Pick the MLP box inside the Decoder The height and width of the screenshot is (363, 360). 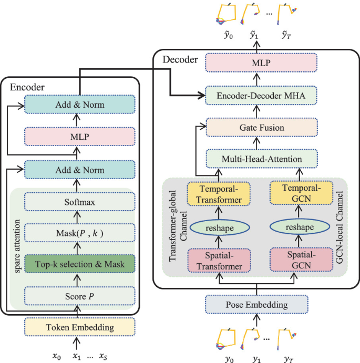tap(257, 64)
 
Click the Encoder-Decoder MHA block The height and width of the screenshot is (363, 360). tap(257, 96)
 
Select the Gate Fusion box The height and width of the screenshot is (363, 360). tap(257, 128)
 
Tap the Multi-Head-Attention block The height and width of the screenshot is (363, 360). tap(257, 159)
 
